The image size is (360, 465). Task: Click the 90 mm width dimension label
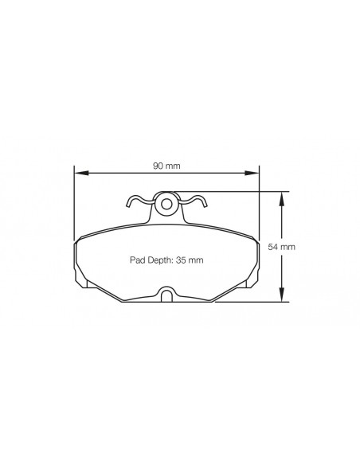click(x=166, y=166)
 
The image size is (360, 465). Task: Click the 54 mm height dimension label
click(x=281, y=247)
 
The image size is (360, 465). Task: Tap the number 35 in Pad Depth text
click(x=180, y=260)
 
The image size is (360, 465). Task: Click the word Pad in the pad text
click(x=136, y=260)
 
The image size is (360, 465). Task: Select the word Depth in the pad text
click(x=158, y=260)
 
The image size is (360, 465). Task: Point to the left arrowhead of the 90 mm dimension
click(x=81, y=174)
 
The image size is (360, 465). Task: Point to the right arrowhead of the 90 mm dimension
click(x=252, y=174)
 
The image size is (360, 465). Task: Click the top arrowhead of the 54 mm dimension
click(x=281, y=199)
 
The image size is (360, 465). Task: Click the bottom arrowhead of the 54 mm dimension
click(x=281, y=295)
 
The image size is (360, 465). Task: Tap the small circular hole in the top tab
click(x=166, y=204)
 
